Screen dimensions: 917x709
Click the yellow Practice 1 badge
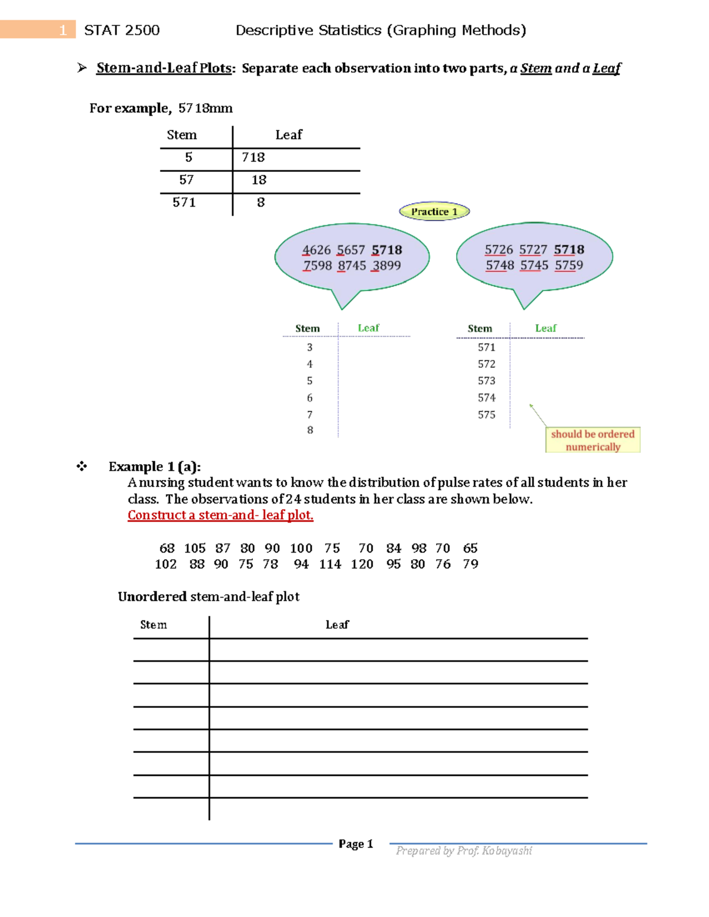(x=434, y=211)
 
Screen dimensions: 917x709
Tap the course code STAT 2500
(x=122, y=30)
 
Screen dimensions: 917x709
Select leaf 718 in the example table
(x=253, y=158)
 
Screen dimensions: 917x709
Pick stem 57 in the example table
(x=187, y=180)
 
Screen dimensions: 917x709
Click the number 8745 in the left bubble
(x=352, y=266)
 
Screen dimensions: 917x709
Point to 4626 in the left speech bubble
(x=316, y=250)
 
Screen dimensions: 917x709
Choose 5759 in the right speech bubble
(x=569, y=265)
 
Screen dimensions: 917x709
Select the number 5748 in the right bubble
(x=500, y=265)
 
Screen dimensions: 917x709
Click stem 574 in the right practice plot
(x=486, y=398)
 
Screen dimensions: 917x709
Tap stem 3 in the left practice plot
(x=310, y=347)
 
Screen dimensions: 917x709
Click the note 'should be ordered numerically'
(x=593, y=440)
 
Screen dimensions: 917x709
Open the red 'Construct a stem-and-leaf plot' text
(x=220, y=515)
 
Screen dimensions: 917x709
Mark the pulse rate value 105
(x=195, y=549)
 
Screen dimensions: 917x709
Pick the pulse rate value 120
(x=362, y=564)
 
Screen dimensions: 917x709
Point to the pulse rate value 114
(x=330, y=564)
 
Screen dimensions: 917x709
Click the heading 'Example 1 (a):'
(x=155, y=466)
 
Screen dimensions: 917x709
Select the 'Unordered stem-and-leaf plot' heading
(x=209, y=597)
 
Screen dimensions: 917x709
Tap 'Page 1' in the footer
(x=356, y=844)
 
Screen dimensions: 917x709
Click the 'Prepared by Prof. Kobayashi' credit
(x=464, y=850)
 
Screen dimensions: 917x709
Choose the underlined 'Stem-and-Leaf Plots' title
(x=164, y=68)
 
